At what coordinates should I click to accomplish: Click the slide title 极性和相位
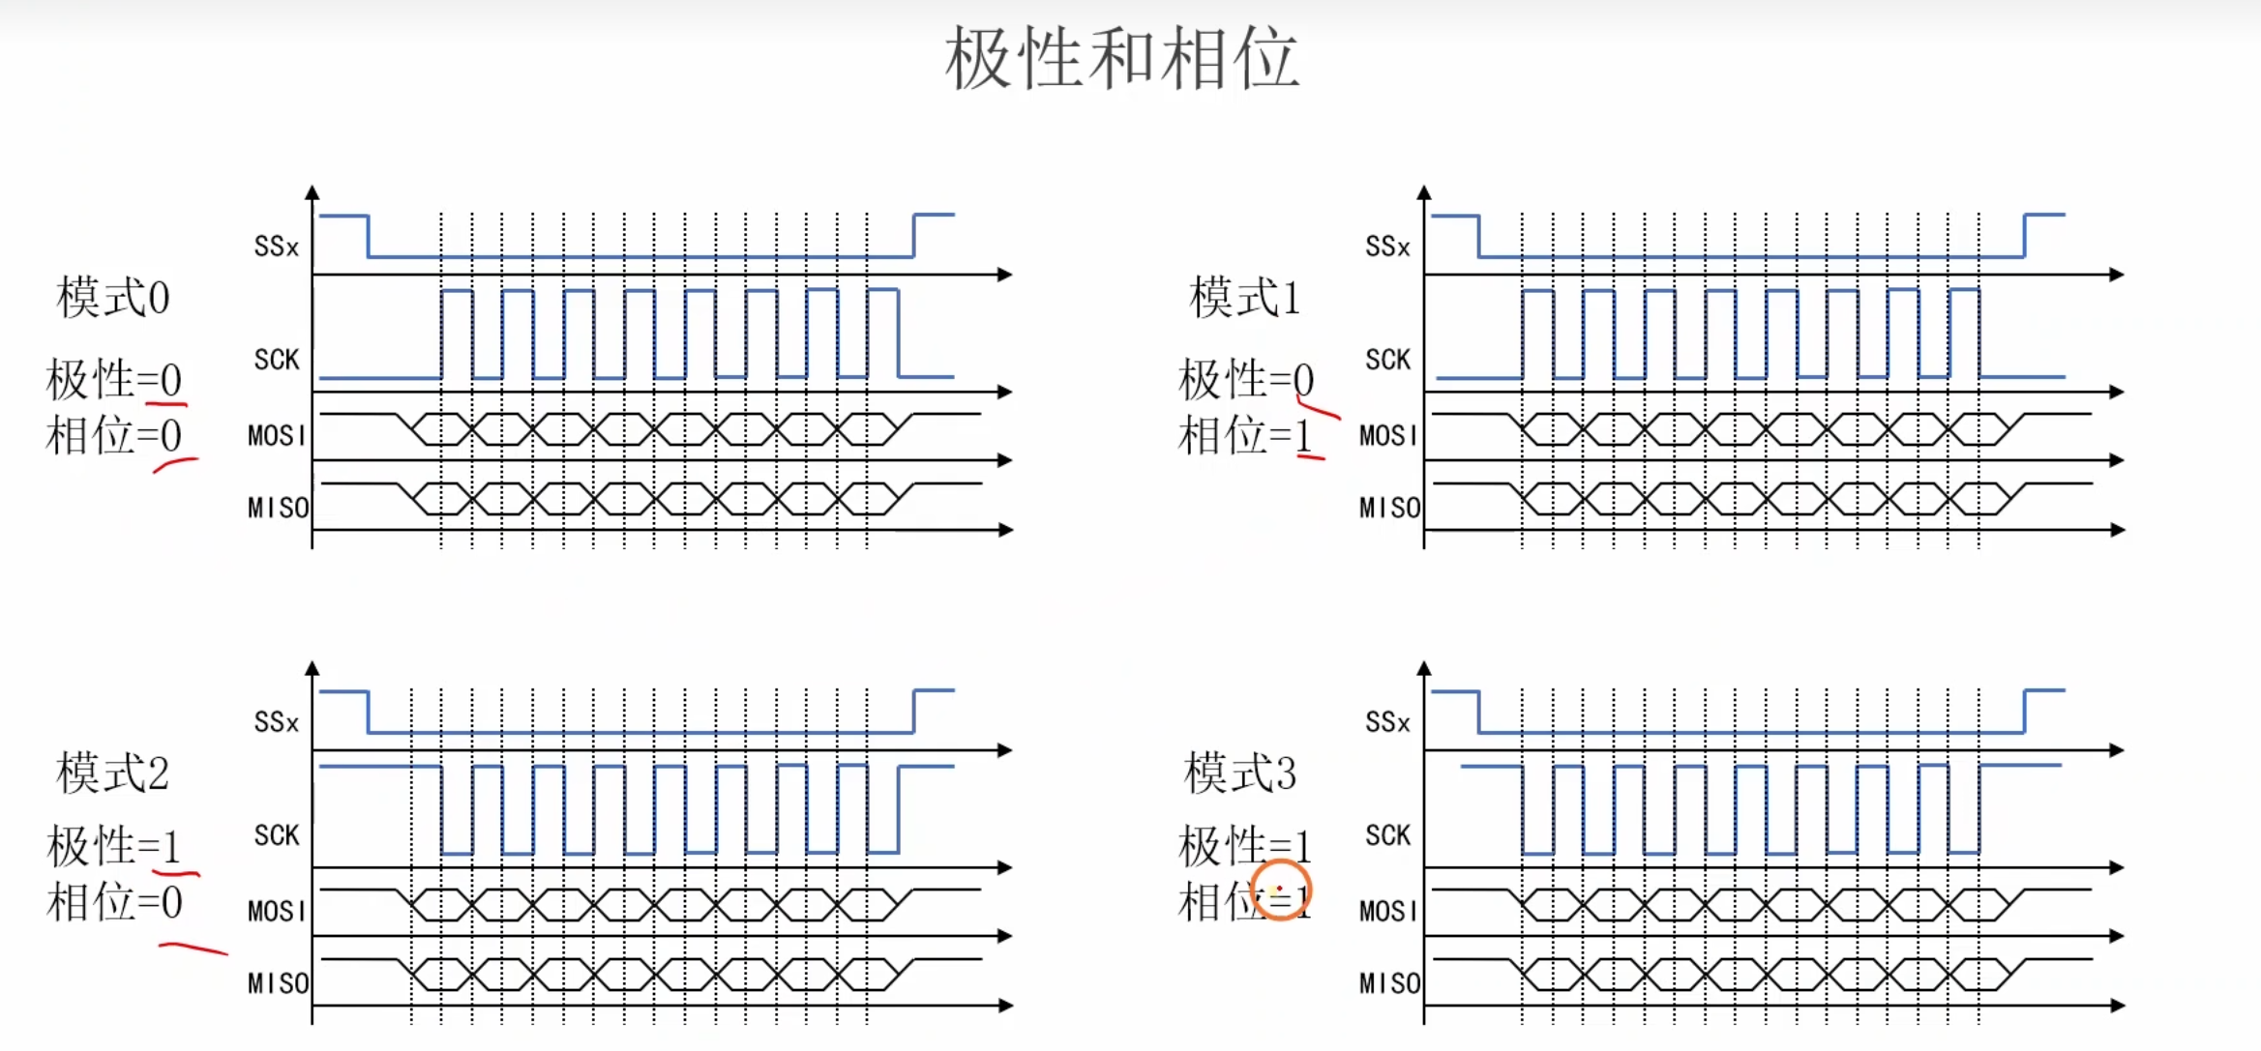coord(1121,59)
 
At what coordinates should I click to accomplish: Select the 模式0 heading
coord(113,297)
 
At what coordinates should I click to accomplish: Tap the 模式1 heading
coord(1244,297)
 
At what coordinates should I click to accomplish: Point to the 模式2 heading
coord(113,773)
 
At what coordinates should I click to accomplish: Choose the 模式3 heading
coord(1240,773)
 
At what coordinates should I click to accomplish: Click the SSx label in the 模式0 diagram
coord(277,247)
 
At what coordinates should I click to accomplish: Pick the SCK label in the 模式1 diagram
coord(1387,360)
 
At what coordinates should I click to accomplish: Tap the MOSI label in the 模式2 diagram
coord(277,911)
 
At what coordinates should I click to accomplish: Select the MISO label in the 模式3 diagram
coord(1389,983)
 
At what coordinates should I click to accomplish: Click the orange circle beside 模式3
coord(1281,890)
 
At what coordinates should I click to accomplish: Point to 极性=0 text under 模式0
coord(114,379)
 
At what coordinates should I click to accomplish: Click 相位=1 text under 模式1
coord(1245,435)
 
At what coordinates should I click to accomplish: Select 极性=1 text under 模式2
coord(114,846)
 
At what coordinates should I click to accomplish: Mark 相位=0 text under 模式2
coord(114,902)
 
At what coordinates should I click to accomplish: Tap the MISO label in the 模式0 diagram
coord(278,508)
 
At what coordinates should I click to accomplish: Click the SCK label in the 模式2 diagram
coord(277,835)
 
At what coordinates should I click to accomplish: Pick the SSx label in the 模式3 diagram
coord(1387,722)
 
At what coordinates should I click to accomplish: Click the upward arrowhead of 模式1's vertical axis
coord(1424,192)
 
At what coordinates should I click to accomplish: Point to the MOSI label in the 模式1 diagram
coord(1388,435)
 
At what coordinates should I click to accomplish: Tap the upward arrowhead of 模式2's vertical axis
coord(312,668)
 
